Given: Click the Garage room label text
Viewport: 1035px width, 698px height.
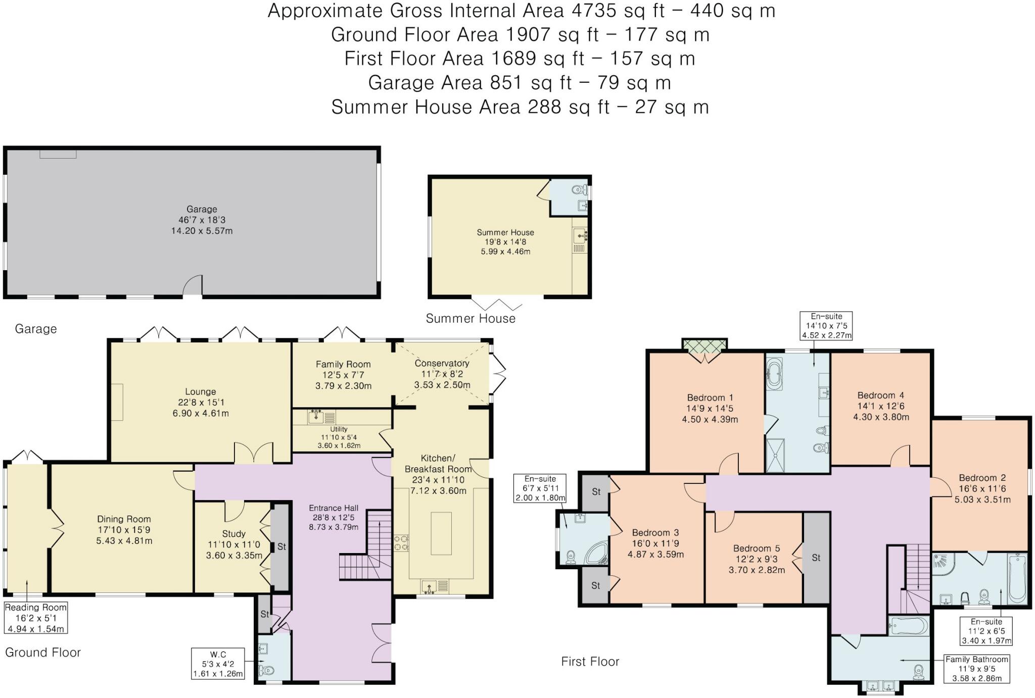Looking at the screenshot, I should pyautogui.click(x=202, y=209).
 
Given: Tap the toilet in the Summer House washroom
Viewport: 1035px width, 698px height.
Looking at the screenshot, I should pyautogui.click(x=577, y=190).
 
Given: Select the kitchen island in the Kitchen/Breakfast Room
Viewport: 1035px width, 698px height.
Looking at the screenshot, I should pyautogui.click(x=441, y=533).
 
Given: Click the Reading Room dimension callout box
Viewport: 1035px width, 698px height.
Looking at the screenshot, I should pyautogui.click(x=35, y=618).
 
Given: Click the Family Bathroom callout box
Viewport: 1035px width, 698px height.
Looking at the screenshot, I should pyautogui.click(x=976, y=669).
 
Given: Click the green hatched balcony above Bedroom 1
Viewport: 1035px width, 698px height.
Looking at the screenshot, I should pyautogui.click(x=704, y=345).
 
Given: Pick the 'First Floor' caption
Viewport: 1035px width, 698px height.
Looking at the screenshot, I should pyautogui.click(x=590, y=661).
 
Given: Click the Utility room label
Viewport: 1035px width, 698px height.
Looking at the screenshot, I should pyautogui.click(x=339, y=429).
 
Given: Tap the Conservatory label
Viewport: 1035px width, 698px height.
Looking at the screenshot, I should pyautogui.click(x=442, y=363).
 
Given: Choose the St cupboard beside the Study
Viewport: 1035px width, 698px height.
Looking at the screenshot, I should pyautogui.click(x=281, y=546).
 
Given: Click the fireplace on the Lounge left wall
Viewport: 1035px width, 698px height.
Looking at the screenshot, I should pyautogui.click(x=117, y=402).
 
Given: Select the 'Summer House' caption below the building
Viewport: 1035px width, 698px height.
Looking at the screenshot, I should pyautogui.click(x=471, y=318).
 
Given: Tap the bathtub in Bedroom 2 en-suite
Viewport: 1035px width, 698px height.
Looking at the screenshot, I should pyautogui.click(x=1017, y=578).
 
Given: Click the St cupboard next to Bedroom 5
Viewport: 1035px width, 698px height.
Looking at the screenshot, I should pyautogui.click(x=816, y=558).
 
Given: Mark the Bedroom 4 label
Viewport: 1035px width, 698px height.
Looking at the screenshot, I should pyautogui.click(x=880, y=395).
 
